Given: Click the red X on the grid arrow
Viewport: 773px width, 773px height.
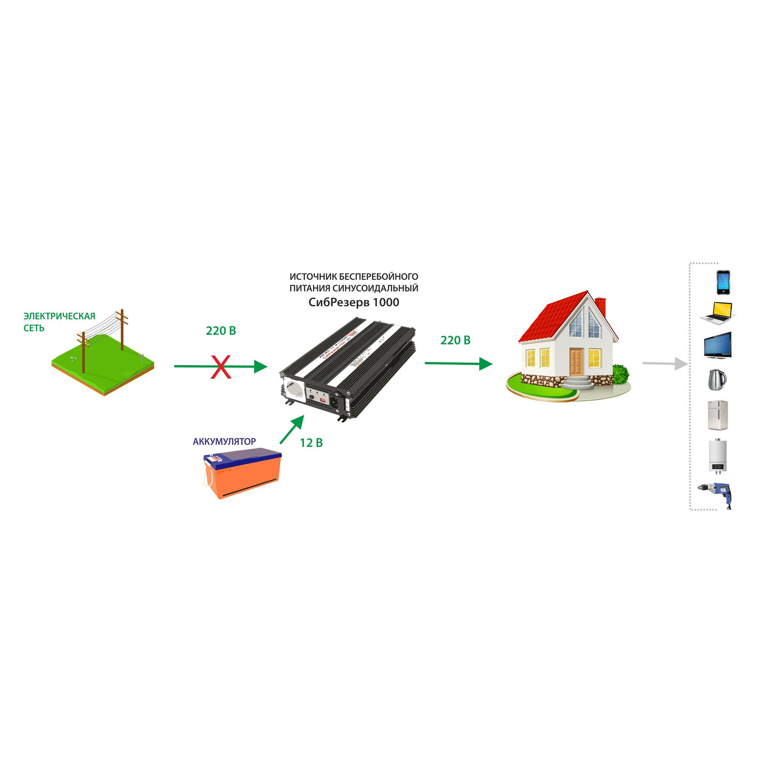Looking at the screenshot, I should pyautogui.click(x=221, y=366).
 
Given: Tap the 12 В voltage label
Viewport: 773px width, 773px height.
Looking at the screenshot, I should pyautogui.click(x=311, y=443).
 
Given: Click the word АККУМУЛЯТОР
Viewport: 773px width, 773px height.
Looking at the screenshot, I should pyautogui.click(x=224, y=441).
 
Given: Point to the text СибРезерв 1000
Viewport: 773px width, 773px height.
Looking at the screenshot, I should pyautogui.click(x=354, y=303).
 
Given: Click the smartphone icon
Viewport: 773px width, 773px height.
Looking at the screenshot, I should pyautogui.click(x=723, y=283).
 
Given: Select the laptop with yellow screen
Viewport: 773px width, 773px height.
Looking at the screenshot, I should pyautogui.click(x=719, y=313).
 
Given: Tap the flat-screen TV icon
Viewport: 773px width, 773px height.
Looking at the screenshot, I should pyautogui.click(x=718, y=345).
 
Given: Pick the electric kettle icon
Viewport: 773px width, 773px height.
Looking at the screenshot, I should pyautogui.click(x=717, y=380).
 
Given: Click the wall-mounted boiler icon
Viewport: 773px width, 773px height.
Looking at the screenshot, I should pyautogui.click(x=717, y=456).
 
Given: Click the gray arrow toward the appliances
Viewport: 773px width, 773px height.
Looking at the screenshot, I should pyautogui.click(x=664, y=363).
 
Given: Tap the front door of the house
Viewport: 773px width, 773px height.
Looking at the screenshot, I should pyautogui.click(x=577, y=361).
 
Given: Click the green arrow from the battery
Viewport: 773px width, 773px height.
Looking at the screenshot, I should pyautogui.click(x=291, y=429).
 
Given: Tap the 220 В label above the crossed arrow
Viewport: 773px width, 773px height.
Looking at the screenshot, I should pyautogui.click(x=221, y=331).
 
